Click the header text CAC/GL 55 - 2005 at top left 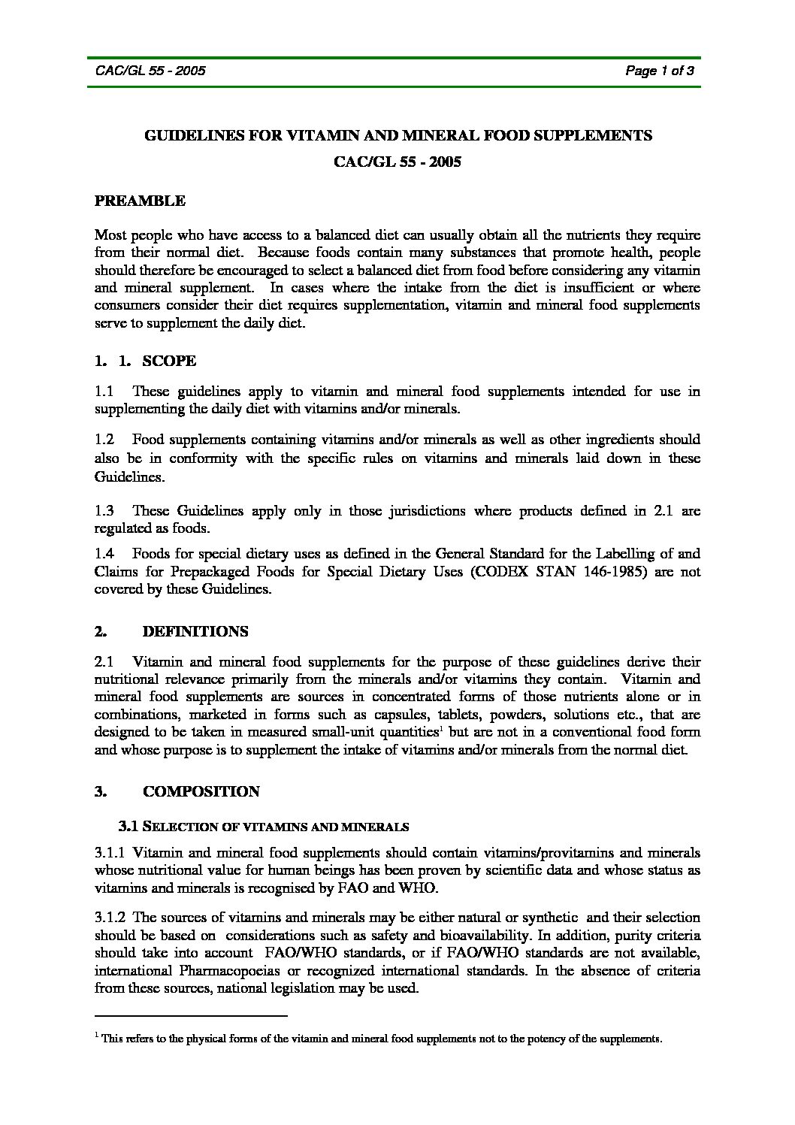pos(150,71)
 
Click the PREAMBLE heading pos(140,201)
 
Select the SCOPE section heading pos(169,361)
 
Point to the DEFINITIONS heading pos(195,631)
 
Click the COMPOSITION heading pos(201,791)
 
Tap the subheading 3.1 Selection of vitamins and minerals pos(263,827)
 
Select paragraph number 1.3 pos(104,511)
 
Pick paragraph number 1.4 pos(104,554)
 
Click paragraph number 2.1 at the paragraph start pos(104,662)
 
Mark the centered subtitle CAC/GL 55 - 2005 pos(397,162)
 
